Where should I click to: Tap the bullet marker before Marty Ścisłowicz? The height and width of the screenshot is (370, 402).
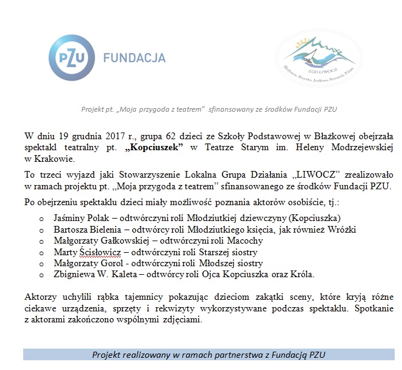[41, 252]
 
